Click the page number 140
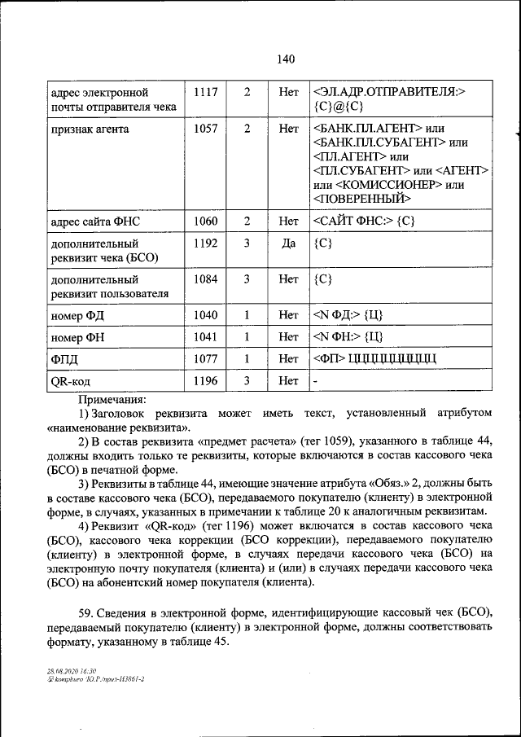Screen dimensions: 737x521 pyautogui.click(x=285, y=59)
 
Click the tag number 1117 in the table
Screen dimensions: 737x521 pyautogui.click(x=205, y=93)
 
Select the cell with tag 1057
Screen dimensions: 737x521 pyautogui.click(x=205, y=129)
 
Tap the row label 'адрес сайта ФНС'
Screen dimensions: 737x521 pyautogui.click(x=96, y=221)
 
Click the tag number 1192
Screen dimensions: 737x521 pyautogui.click(x=205, y=243)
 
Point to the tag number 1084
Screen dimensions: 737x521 pyautogui.click(x=205, y=279)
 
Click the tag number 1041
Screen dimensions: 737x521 pyautogui.click(x=205, y=336)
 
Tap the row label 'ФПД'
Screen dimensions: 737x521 pyautogui.click(x=64, y=358)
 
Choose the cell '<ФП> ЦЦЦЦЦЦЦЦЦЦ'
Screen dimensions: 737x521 pyautogui.click(x=375, y=358)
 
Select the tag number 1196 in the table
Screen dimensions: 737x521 pyautogui.click(x=205, y=379)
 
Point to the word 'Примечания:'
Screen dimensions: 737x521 pyautogui.click(x=112, y=400)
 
